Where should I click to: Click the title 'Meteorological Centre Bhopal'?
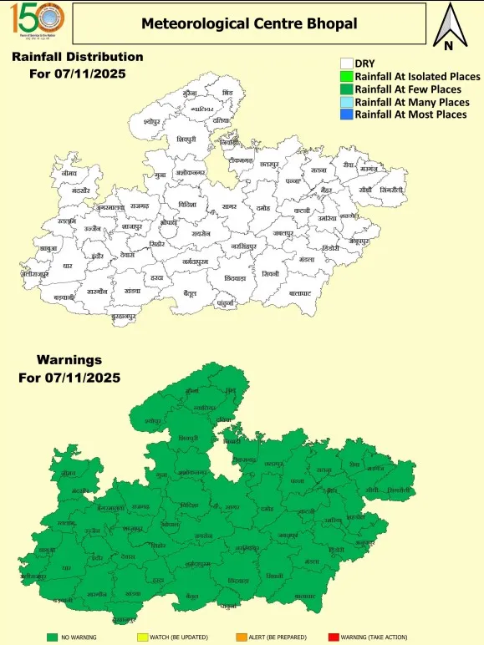249,23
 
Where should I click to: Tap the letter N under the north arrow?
448,46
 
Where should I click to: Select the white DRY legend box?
346,63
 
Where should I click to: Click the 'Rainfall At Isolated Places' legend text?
417,76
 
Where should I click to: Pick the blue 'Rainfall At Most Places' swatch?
346,114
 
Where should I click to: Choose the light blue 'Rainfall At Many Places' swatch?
346,101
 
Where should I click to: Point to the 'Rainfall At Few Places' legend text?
407,89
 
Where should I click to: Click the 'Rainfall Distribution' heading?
77,57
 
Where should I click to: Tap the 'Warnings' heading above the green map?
69,360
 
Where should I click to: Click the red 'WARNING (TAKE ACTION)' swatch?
334,637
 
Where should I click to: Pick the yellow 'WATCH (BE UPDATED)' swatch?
142,637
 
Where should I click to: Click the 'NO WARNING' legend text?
79,637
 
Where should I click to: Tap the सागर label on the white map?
229,206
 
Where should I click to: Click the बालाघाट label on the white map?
300,293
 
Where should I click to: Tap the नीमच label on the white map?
69,173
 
